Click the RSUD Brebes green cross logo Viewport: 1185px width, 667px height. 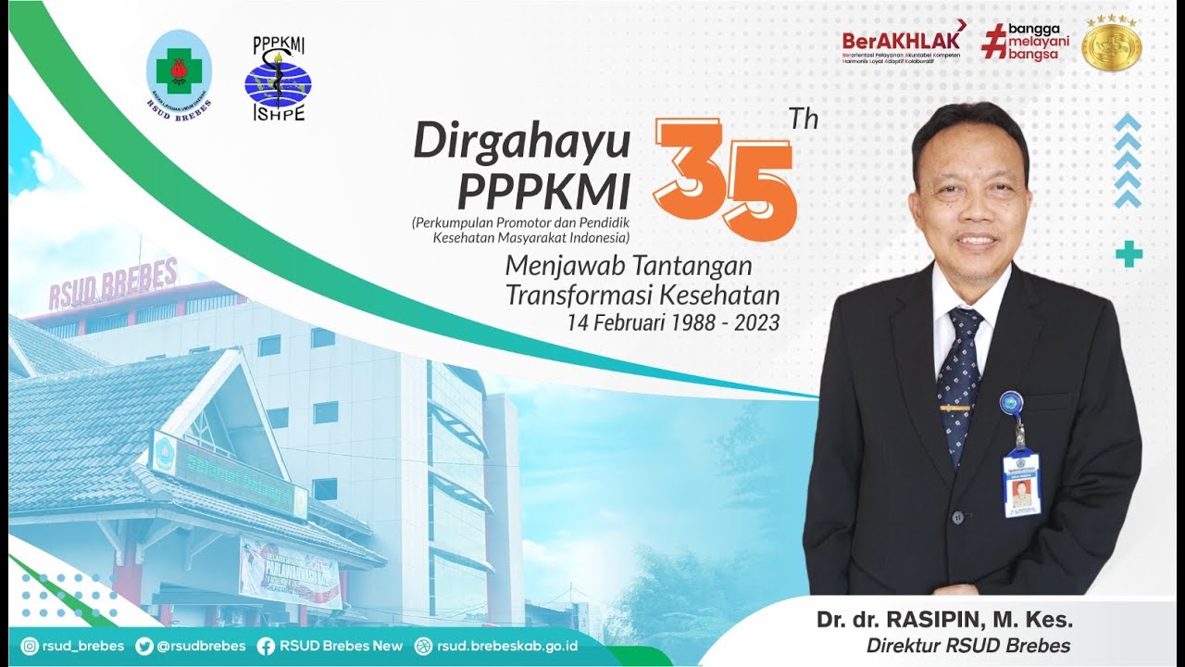(179, 72)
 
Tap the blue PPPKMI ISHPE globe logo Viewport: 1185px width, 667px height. (279, 82)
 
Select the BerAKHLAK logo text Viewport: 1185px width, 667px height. (901, 40)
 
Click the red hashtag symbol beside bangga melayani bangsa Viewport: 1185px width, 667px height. (994, 42)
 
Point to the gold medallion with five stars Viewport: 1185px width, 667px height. (1112, 43)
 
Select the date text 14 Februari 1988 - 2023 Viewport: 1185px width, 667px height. (674, 322)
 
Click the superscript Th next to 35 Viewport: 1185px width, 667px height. (803, 120)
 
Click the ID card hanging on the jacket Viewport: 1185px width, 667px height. (1021, 483)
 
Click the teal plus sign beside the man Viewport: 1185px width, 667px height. (1129, 253)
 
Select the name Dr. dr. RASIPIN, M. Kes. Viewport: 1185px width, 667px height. (944, 620)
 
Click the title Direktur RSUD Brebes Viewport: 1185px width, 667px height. (968, 646)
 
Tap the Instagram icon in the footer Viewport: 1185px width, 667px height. (30, 646)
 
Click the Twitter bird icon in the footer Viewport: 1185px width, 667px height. (144, 646)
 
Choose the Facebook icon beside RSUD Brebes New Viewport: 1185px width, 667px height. (266, 646)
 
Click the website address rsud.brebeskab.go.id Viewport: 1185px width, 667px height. (507, 646)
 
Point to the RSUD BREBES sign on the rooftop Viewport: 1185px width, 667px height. (112, 281)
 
